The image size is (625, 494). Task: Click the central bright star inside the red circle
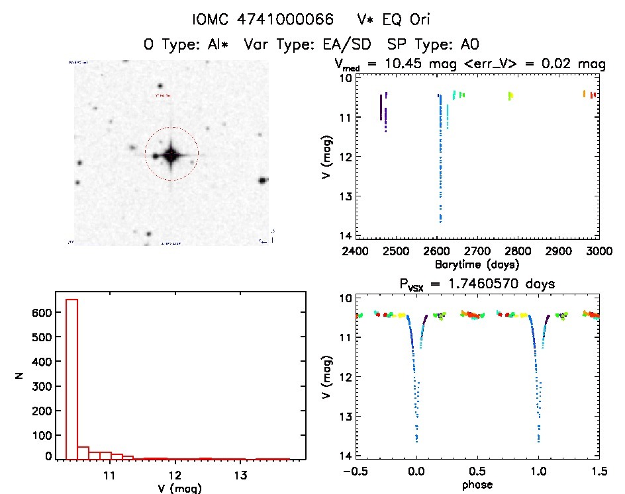coord(171,155)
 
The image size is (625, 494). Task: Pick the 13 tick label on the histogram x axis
coord(240,475)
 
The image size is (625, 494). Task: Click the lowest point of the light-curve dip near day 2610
coord(440,221)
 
